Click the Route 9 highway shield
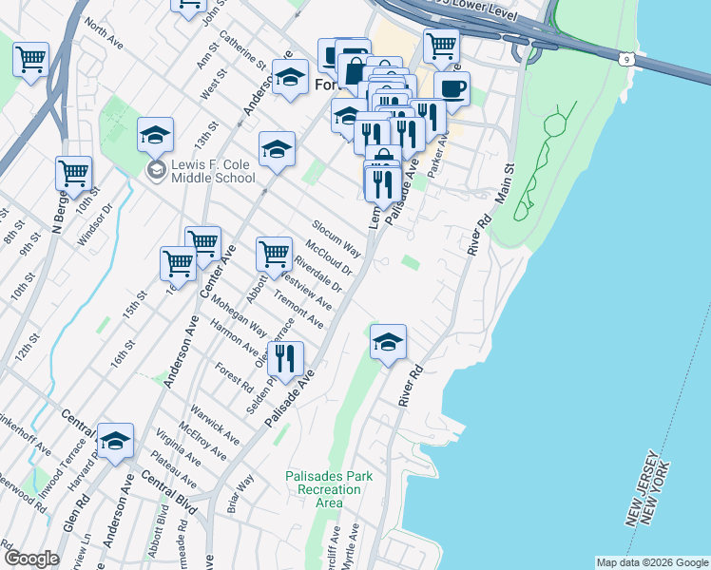[x=625, y=59]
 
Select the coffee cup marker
[x=452, y=90]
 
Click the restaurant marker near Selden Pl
[x=285, y=359]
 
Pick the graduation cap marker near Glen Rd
[x=115, y=441]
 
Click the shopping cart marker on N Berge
[x=73, y=174]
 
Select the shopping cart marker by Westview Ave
[x=274, y=254]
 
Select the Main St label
[x=502, y=180]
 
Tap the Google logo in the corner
[x=30, y=559]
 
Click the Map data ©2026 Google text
[x=652, y=562]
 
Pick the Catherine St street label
[x=242, y=53]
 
